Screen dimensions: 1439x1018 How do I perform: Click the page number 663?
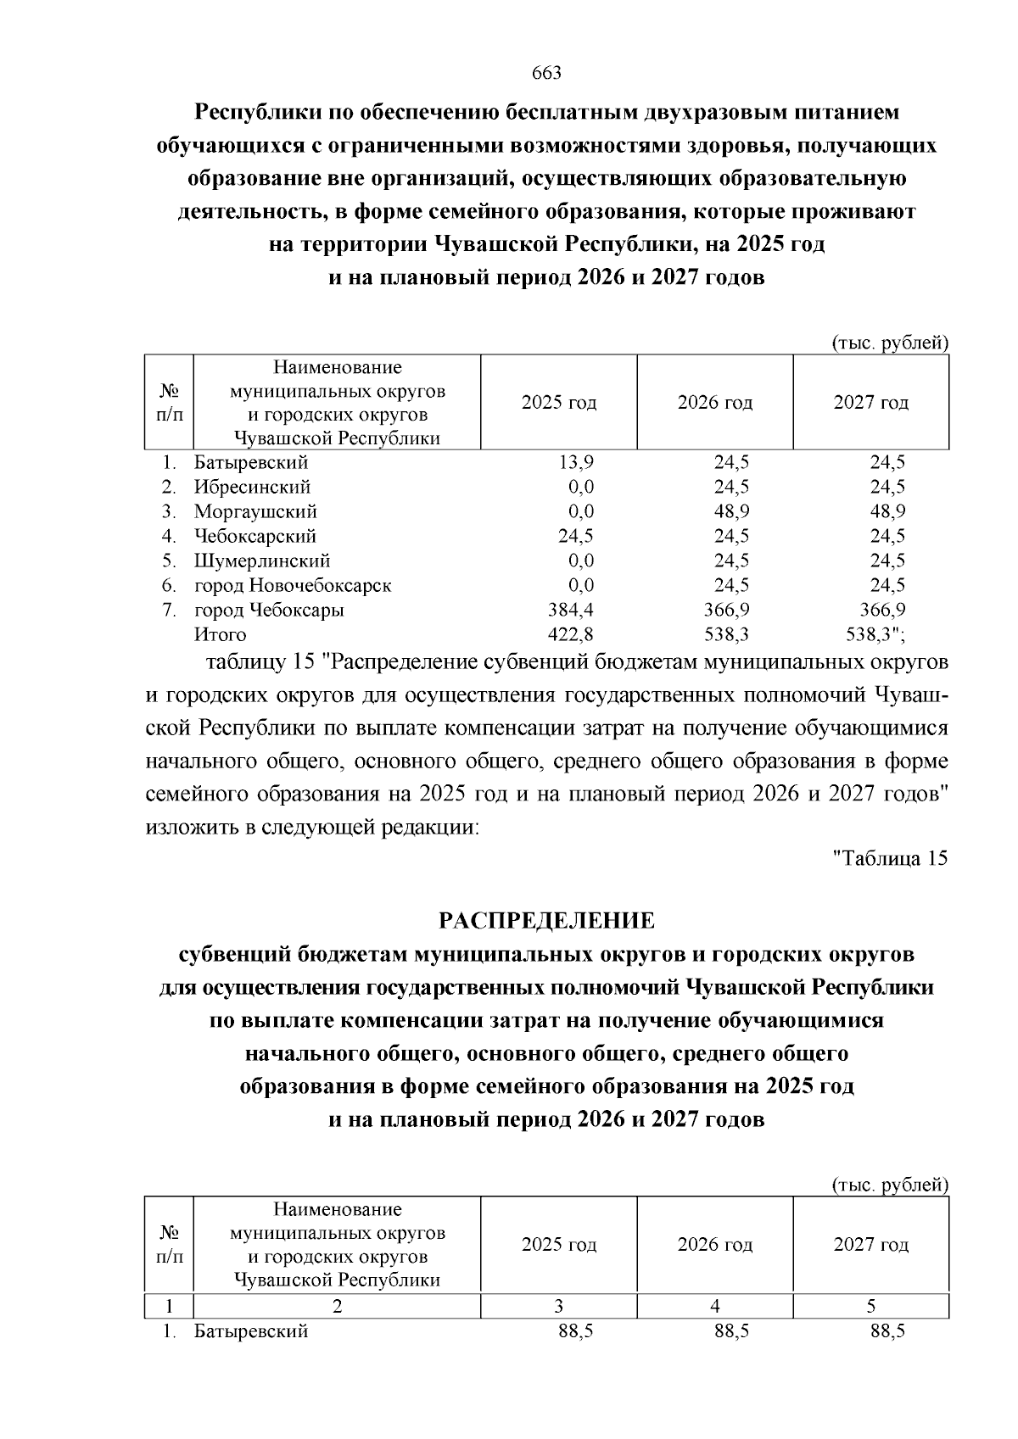click(x=546, y=73)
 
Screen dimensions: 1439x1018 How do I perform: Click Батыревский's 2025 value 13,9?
click(x=577, y=462)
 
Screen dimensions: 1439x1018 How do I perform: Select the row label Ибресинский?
click(x=252, y=487)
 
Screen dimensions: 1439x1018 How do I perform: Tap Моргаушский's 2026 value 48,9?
click(x=731, y=511)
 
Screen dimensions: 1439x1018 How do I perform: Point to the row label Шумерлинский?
click(x=262, y=561)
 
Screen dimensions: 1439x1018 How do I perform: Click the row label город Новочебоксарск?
click(x=293, y=585)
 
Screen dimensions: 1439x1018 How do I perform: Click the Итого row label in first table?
click(x=221, y=634)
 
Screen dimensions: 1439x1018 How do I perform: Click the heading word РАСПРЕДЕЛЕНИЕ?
click(x=546, y=920)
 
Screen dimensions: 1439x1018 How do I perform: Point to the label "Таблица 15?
click(x=889, y=858)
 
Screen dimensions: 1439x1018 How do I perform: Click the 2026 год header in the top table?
click(x=715, y=402)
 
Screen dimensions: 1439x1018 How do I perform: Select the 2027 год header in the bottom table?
click(x=871, y=1245)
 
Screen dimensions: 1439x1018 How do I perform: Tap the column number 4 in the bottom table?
click(x=715, y=1307)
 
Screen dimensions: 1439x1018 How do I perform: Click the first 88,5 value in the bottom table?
click(x=575, y=1331)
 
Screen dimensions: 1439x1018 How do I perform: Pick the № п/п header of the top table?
click(x=170, y=402)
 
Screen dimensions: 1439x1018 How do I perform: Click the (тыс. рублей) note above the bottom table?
click(x=889, y=1185)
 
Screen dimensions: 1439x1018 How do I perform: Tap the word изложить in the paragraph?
click(x=193, y=827)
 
